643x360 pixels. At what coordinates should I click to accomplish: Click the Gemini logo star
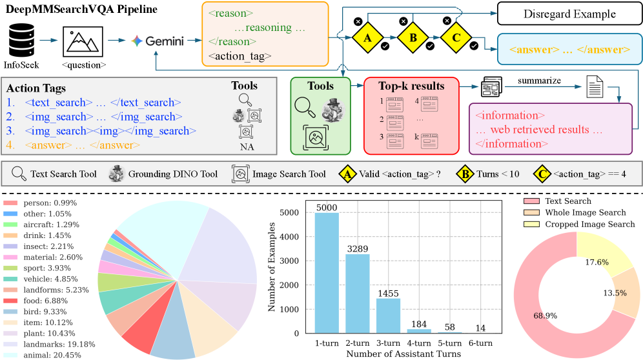[x=136, y=41]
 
